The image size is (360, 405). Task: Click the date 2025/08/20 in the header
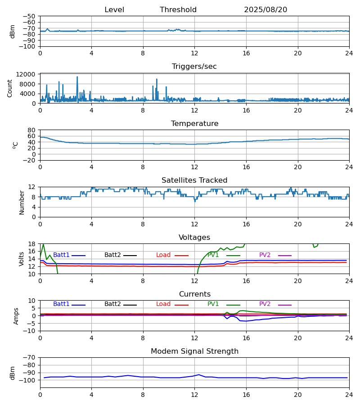(265, 10)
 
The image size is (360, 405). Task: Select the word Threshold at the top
(178, 10)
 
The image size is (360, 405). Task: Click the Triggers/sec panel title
(194, 67)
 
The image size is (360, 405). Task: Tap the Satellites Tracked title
(194, 180)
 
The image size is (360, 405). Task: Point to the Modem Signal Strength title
(194, 351)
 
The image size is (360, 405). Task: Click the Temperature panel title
(194, 124)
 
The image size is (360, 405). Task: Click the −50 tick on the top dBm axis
(29, 16)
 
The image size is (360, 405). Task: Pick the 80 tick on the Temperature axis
(32, 130)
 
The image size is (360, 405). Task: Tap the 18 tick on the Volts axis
(32, 244)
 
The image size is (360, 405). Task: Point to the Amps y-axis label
(16, 316)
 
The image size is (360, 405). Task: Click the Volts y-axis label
(22, 259)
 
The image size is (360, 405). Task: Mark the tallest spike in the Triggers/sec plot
(77, 77)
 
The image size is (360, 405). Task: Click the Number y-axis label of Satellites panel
(22, 202)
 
